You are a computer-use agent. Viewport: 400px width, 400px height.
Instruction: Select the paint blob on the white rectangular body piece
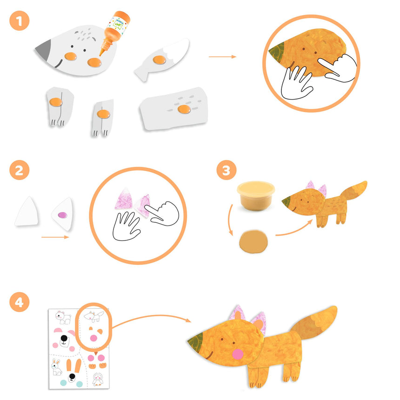tap(184, 109)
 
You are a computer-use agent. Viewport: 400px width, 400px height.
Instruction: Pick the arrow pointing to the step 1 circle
tap(222, 57)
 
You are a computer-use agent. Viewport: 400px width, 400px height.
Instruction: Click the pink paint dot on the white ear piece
tap(62, 215)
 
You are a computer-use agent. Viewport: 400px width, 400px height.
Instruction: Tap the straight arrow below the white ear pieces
tap(55, 237)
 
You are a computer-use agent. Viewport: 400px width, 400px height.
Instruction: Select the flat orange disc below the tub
tap(253, 242)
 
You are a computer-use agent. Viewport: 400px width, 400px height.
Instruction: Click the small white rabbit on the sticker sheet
tap(57, 367)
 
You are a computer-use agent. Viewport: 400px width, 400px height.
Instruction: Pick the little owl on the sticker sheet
tap(98, 379)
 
